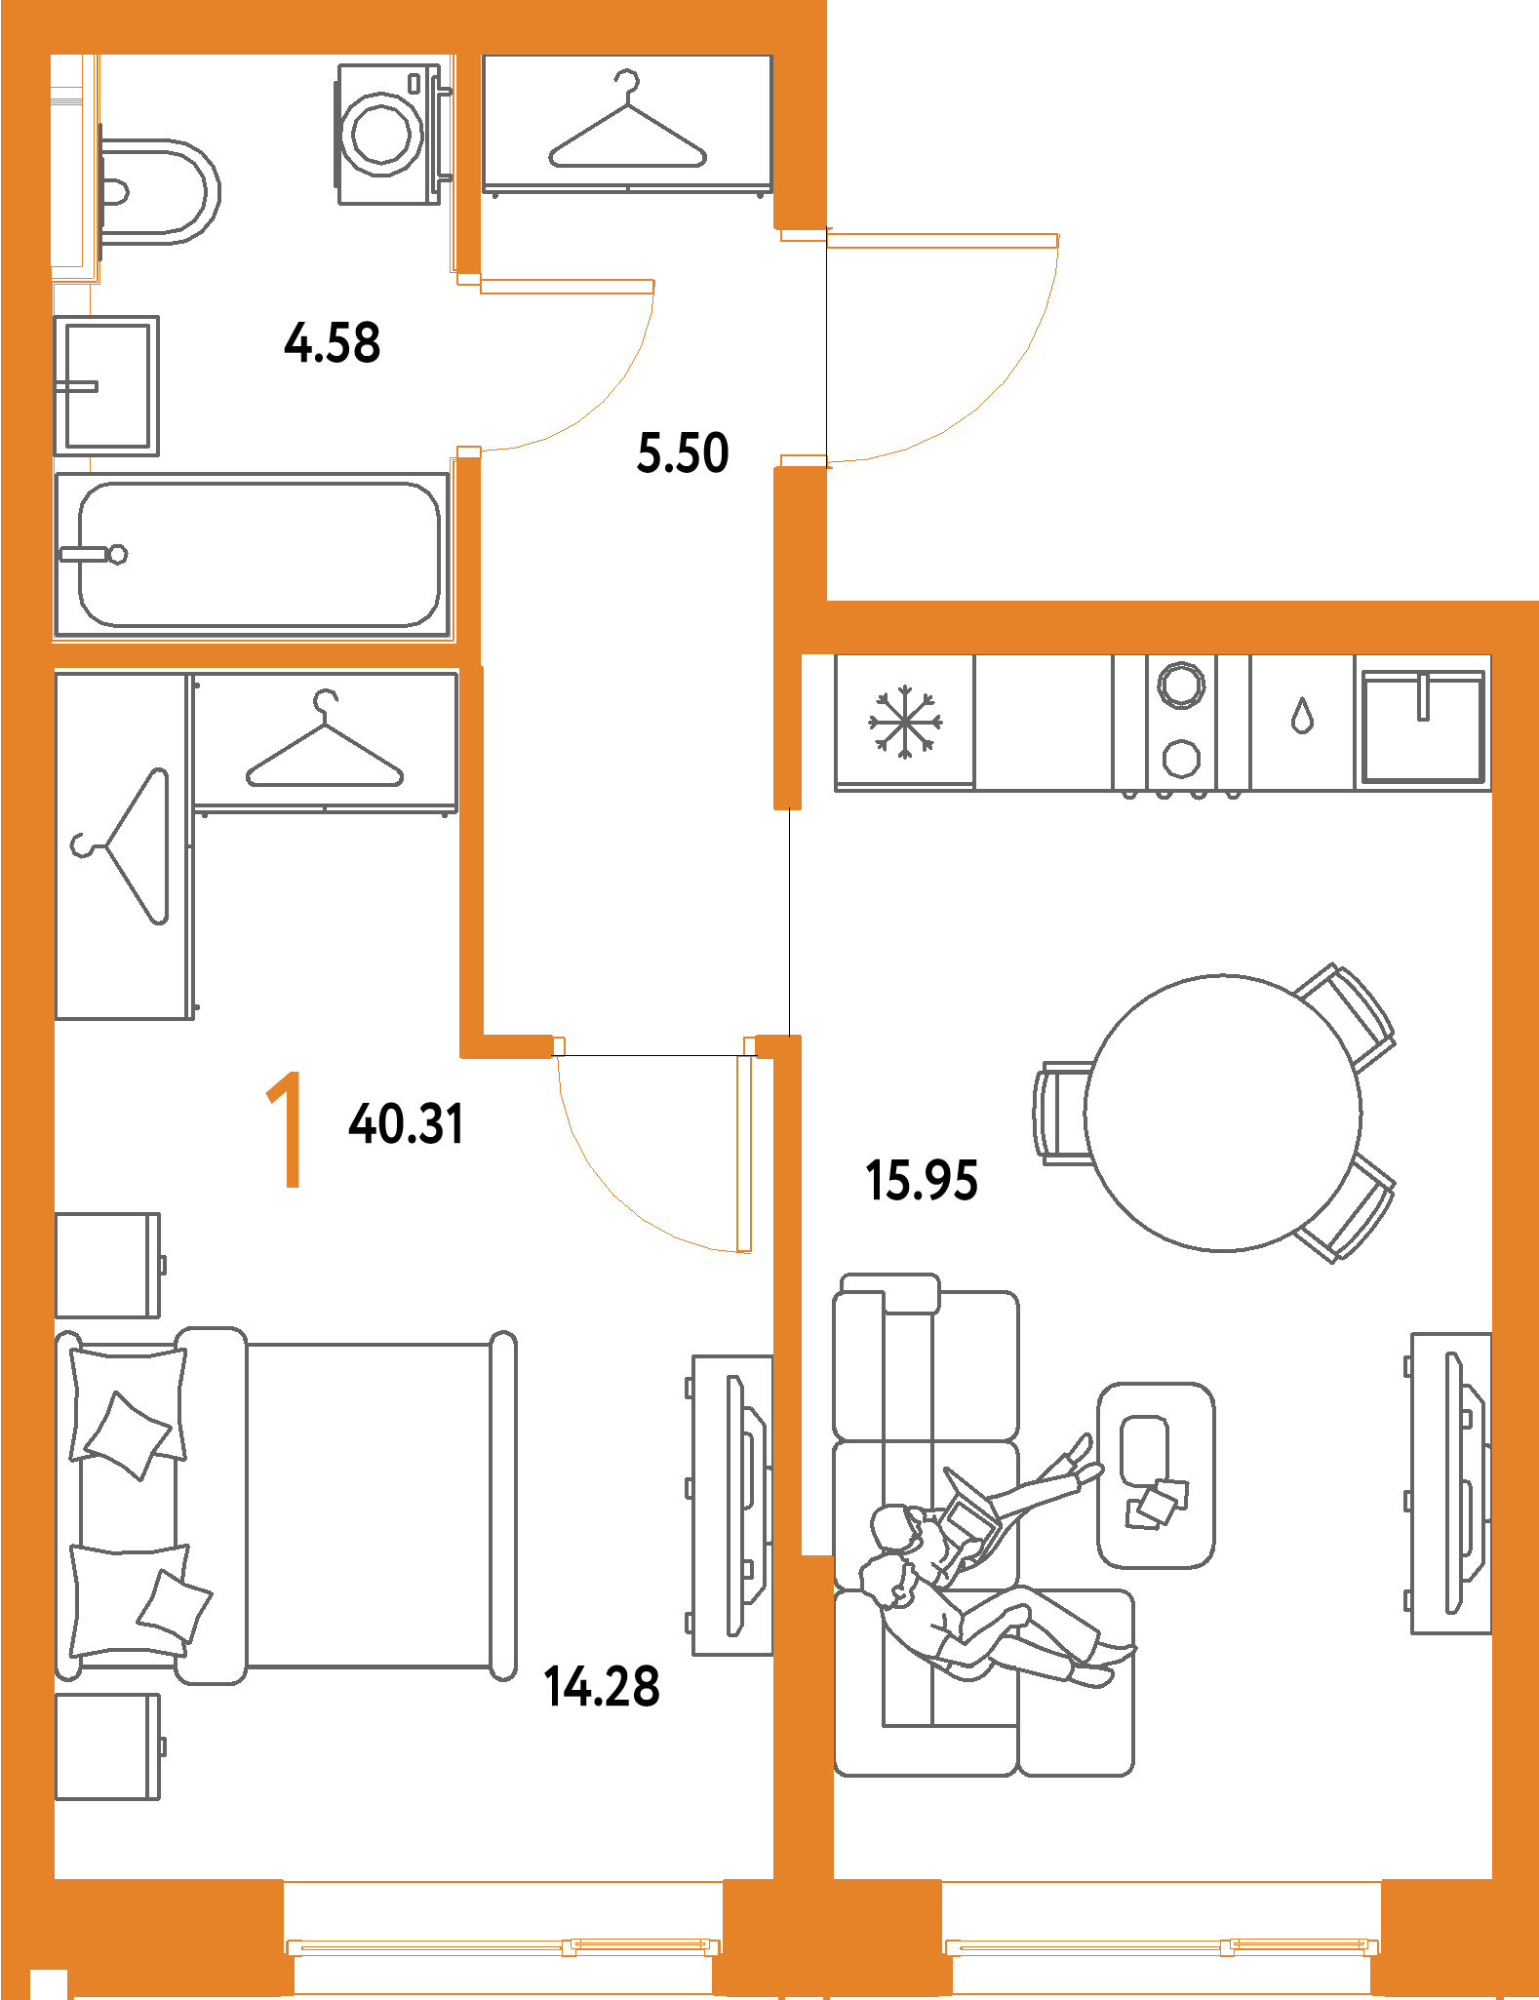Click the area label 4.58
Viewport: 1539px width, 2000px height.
pos(333,342)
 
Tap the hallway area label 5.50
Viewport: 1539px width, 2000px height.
pos(683,453)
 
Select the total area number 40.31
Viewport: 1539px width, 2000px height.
pos(406,1123)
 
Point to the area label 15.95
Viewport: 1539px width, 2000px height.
pos(922,1180)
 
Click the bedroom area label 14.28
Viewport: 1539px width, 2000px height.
pos(602,1687)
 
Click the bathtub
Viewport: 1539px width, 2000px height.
pos(257,555)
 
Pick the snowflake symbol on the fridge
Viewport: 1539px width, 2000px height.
pos(905,723)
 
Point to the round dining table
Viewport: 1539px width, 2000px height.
pos(1223,1112)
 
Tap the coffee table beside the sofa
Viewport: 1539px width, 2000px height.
pos(1156,1474)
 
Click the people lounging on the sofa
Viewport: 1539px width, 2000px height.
pos(975,1580)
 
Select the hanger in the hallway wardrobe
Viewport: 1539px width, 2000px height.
pos(627,127)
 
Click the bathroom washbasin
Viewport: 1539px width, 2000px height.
pos(105,385)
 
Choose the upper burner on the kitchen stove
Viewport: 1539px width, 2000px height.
pos(1181,685)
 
